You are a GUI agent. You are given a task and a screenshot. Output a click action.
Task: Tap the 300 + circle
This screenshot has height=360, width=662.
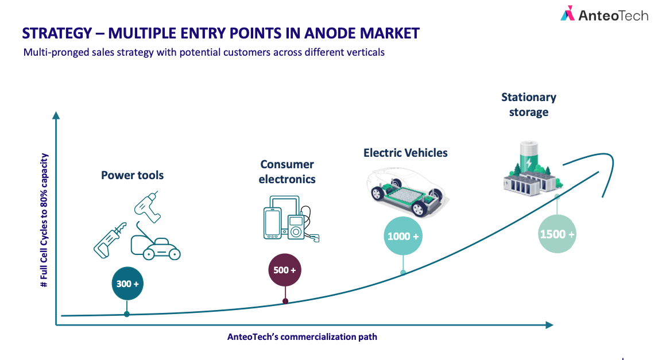point(127,284)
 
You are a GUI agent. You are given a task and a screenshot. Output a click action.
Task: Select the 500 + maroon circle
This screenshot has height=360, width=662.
point(285,270)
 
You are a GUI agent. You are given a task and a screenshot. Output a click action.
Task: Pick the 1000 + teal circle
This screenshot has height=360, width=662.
point(403,236)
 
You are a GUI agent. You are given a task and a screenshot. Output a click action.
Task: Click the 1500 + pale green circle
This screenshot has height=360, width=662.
point(558,234)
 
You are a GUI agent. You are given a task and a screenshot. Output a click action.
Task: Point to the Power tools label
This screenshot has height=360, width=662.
point(132,175)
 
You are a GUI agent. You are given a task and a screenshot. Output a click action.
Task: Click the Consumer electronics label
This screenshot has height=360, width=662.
point(287,172)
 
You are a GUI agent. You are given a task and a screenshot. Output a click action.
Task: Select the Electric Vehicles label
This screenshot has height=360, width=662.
point(405,153)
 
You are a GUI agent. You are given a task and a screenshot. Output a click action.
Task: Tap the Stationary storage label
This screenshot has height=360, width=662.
point(529,104)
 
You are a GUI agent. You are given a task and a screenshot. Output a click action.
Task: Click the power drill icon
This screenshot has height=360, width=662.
point(147,206)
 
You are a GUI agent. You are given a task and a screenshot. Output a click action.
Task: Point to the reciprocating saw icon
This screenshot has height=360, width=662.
point(110,240)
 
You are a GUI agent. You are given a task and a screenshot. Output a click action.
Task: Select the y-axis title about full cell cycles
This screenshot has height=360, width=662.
point(44,220)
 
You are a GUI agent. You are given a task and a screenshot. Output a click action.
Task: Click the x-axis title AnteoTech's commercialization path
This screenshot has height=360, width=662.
point(302,337)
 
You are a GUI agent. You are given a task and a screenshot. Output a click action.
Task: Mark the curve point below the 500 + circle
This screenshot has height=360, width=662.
point(285,301)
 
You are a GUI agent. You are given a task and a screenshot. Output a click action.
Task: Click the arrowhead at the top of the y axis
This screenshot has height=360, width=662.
point(56,115)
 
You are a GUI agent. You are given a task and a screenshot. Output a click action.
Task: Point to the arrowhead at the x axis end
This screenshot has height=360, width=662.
point(549,325)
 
